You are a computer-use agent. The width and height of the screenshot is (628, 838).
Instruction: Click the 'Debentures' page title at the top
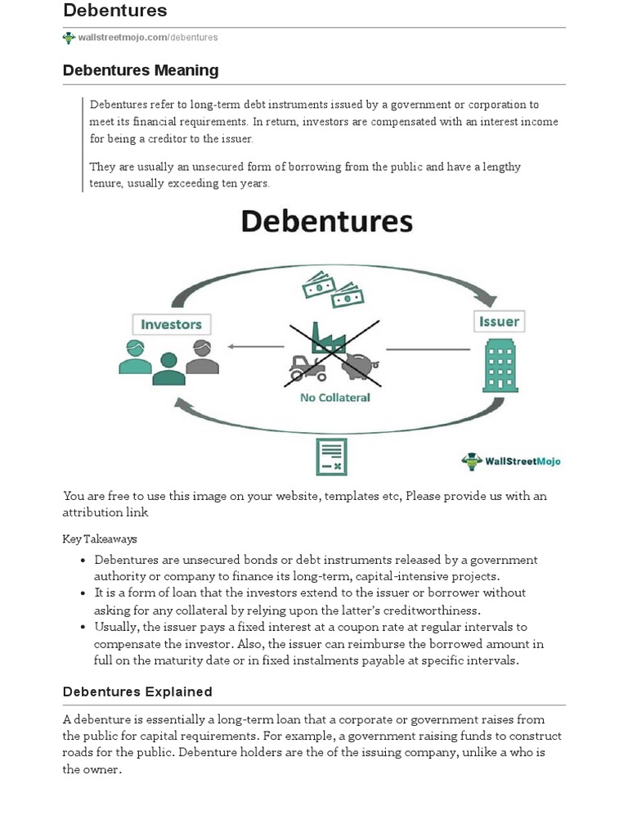[115, 11]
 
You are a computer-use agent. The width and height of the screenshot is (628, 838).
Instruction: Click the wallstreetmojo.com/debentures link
[148, 38]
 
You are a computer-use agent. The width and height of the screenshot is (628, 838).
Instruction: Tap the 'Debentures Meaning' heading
[141, 70]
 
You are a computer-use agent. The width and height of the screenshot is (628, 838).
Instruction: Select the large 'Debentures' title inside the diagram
[325, 221]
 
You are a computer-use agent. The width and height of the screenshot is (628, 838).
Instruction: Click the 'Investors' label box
[171, 324]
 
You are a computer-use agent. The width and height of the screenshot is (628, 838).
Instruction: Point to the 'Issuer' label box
[499, 321]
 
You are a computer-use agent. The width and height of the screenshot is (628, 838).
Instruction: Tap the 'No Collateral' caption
[334, 398]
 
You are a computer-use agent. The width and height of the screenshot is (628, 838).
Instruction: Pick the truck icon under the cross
[306, 366]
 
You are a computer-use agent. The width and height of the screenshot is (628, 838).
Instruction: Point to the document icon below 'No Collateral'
[331, 457]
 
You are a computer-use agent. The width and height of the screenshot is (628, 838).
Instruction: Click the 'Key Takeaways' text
[100, 539]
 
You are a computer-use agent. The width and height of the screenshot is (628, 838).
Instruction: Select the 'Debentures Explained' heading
[137, 692]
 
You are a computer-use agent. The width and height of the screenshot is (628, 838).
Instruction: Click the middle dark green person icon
[169, 369]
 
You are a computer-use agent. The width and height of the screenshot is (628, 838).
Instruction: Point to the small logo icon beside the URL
[69, 38]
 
